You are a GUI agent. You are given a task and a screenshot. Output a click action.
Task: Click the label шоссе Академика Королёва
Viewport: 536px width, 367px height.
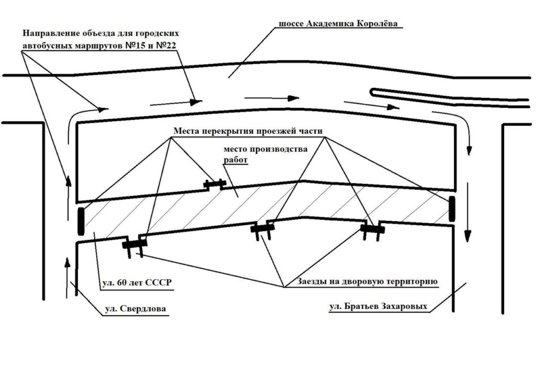(338, 24)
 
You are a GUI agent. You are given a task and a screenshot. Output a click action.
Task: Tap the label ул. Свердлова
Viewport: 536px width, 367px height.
(136, 308)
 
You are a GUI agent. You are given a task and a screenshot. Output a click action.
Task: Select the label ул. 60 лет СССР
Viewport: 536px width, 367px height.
(137, 283)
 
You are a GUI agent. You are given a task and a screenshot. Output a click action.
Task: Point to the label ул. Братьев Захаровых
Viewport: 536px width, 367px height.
(378, 306)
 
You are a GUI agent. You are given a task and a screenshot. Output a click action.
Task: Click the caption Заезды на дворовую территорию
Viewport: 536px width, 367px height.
(367, 282)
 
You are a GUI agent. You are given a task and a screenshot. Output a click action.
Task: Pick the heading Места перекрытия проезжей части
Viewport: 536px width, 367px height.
(248, 131)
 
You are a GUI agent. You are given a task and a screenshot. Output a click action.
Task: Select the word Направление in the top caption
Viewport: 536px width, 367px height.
(51, 33)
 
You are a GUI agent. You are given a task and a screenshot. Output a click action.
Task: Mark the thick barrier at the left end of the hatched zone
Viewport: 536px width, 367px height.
(81, 221)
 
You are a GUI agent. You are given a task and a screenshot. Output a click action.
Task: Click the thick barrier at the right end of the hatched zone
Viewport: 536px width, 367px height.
(452, 209)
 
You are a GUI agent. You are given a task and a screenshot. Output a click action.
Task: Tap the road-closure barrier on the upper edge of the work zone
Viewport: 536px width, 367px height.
(214, 185)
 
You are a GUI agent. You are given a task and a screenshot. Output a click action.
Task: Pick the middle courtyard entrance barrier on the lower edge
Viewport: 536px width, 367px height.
(263, 230)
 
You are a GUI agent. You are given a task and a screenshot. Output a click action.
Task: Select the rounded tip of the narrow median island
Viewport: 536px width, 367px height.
(371, 91)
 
